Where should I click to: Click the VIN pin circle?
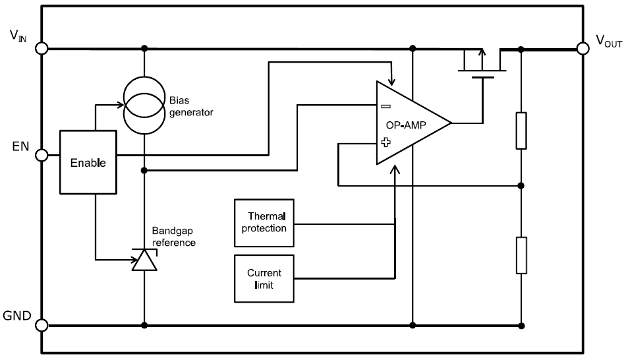pos(43,48)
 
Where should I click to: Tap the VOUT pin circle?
pos(583,48)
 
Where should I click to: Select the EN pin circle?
pos(43,156)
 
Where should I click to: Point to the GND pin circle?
pos(43,325)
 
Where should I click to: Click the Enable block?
pos(88,162)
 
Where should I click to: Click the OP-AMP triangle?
pos(409,124)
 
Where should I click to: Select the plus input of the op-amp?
pos(385,141)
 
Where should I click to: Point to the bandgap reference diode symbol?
pos(144,260)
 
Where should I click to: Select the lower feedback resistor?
pos(521,255)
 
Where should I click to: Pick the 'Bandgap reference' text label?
pos(175,237)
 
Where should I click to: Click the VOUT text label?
pos(609,41)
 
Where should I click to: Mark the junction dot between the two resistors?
pos(521,185)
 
